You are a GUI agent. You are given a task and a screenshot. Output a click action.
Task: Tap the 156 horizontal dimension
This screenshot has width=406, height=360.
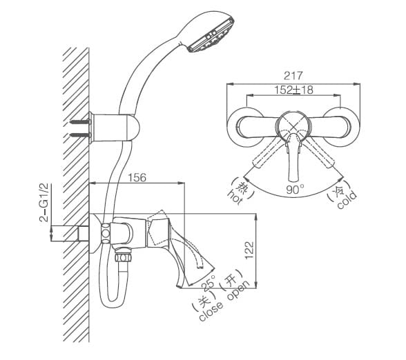(137, 178)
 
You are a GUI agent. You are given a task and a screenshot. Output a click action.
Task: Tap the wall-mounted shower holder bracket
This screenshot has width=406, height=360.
(119, 125)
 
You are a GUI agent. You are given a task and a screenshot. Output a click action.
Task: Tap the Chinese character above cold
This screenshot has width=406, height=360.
(338, 187)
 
